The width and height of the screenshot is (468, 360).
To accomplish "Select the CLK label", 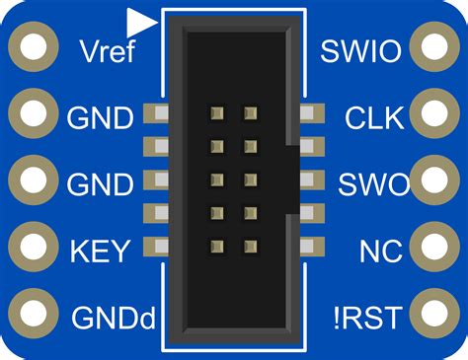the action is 374,118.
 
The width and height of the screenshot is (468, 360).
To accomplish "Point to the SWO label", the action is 371,184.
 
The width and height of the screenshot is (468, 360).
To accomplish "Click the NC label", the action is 380,251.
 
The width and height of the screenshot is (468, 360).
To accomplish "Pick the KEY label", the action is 99,251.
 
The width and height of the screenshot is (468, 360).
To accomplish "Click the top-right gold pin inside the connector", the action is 251,114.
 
